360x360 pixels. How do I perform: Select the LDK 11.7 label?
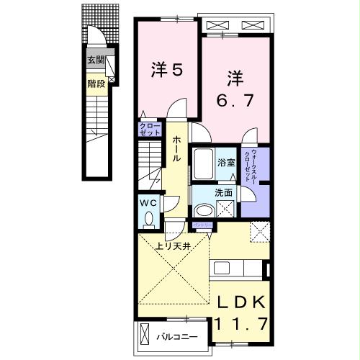[240, 312]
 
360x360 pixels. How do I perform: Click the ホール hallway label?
[175, 148]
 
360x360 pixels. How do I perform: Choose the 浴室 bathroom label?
[226, 163]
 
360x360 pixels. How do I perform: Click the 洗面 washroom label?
[223, 193]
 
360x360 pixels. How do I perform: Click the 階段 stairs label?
[96, 84]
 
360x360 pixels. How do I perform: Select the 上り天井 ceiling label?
[173, 246]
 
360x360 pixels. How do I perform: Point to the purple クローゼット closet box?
[150, 130]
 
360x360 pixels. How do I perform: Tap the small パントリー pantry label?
[199, 226]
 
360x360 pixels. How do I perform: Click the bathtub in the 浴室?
[202, 166]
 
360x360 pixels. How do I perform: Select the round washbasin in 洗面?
[204, 209]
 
